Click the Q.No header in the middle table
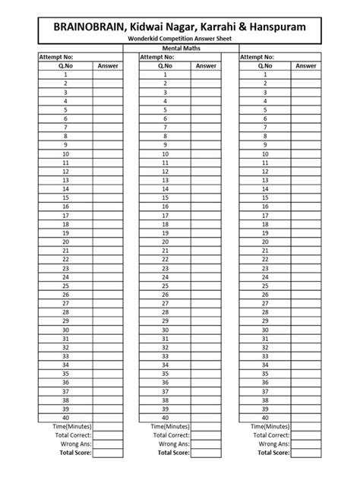[165, 66]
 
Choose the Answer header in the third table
[306, 66]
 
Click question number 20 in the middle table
[165, 242]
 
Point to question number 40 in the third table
[265, 417]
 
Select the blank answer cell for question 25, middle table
[207, 286]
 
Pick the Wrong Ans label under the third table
[274, 444]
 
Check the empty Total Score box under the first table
[109, 453]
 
